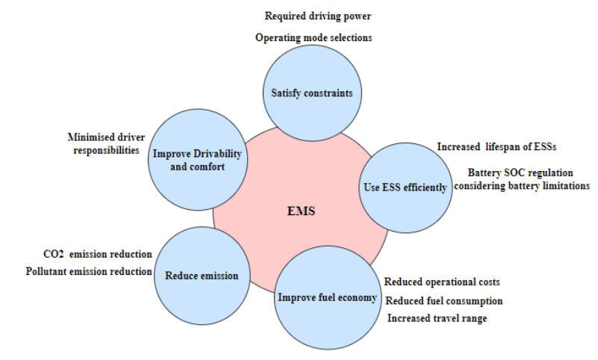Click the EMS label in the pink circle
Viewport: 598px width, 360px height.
[x=301, y=211]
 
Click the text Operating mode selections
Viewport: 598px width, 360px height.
[x=314, y=37]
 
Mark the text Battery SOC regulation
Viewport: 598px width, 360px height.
[x=515, y=173]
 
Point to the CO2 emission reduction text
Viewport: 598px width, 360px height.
[x=98, y=254]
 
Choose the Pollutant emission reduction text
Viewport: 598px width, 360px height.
[x=88, y=271]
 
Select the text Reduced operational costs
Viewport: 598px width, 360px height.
[x=441, y=282]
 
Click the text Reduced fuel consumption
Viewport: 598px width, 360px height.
[x=443, y=300]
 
